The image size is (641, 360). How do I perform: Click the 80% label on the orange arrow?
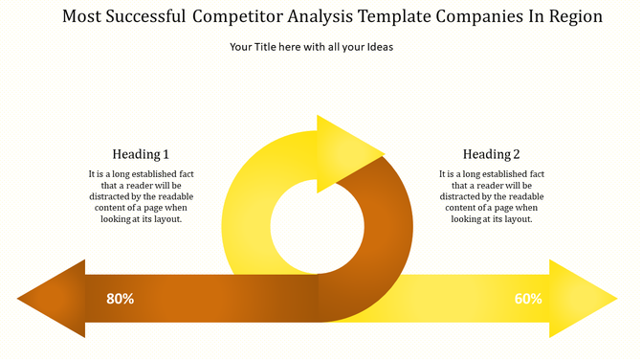(x=120, y=299)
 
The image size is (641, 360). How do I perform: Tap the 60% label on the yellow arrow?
(x=528, y=299)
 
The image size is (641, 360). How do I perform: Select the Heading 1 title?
(x=141, y=154)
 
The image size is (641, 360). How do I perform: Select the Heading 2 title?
(x=492, y=154)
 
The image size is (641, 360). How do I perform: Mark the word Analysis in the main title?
(x=321, y=17)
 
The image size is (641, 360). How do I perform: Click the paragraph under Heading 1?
(x=141, y=196)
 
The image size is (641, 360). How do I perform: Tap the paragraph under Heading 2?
(x=492, y=196)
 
